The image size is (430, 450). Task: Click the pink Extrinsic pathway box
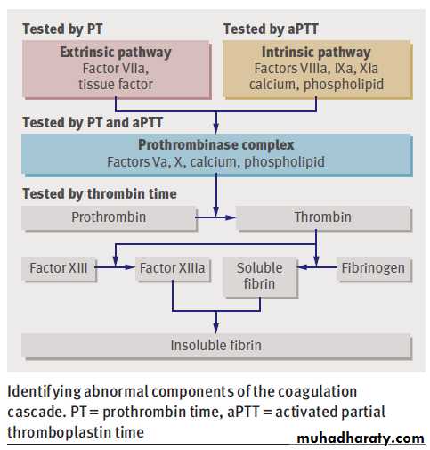pos(117,70)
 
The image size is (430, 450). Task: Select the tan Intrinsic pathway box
pos(317,70)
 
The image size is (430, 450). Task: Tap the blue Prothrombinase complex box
pos(216,155)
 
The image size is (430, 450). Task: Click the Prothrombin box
pos(109,217)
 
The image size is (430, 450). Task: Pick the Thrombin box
pos(323,217)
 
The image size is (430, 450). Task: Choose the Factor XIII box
pos(59,268)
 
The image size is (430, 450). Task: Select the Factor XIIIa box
pos(173,268)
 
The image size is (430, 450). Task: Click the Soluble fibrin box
pos(260,276)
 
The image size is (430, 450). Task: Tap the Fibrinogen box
pos(374,268)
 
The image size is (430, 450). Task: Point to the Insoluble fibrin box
pos(216,346)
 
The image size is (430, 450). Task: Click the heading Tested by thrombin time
pos(100,194)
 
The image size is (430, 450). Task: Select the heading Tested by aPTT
pos(271,29)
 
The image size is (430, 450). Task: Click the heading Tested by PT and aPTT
pos(93,122)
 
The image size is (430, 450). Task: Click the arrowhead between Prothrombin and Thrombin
pos(231,217)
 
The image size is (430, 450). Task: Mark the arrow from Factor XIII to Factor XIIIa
pos(115,267)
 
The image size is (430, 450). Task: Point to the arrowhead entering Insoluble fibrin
pos(216,328)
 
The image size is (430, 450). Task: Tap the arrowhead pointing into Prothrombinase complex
pos(216,128)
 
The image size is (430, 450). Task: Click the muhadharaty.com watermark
pos(361,438)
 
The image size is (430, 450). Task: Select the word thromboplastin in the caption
pos(58,432)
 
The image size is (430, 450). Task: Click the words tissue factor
pos(116,85)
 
